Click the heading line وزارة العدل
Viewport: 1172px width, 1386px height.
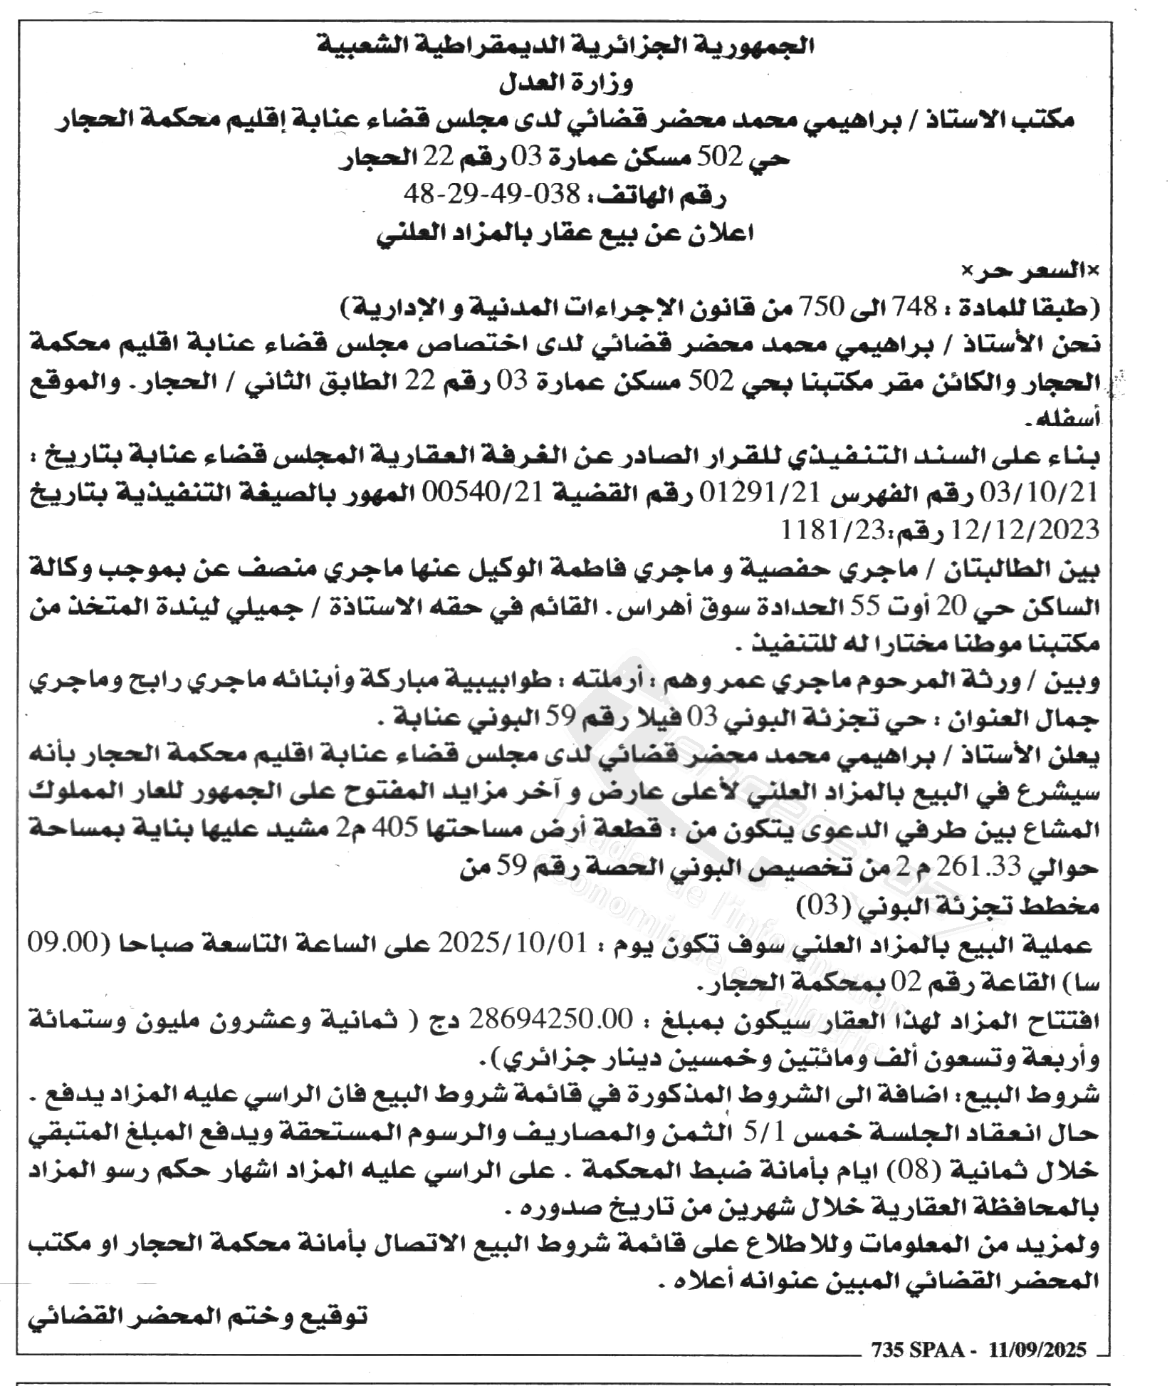(x=566, y=83)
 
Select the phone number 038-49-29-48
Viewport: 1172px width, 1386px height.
(x=492, y=193)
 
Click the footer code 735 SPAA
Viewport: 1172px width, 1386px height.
(x=916, y=1349)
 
